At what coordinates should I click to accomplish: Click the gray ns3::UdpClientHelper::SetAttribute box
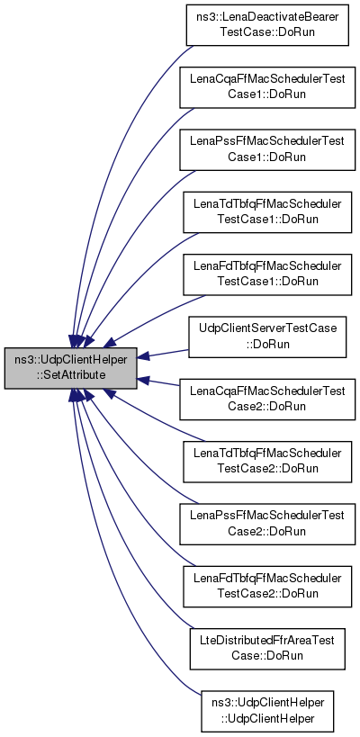pyautogui.click(x=70, y=368)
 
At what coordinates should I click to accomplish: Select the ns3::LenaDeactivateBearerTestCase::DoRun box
pyautogui.click(x=267, y=25)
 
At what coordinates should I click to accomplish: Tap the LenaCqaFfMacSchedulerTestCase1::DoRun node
pyautogui.click(x=267, y=87)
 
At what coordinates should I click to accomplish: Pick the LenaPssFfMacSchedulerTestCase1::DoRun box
pyautogui.click(x=267, y=149)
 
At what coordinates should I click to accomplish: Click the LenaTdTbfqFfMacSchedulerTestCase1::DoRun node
pyautogui.click(x=267, y=212)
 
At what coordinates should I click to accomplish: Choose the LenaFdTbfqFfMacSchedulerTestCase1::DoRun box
pyautogui.click(x=267, y=274)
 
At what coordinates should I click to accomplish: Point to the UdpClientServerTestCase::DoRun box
pyautogui.click(x=267, y=337)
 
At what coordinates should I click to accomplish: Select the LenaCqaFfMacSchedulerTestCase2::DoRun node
pyautogui.click(x=267, y=399)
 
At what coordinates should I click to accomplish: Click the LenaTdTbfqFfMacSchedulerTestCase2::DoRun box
pyautogui.click(x=267, y=462)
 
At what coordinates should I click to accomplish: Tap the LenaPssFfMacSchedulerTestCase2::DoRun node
pyautogui.click(x=267, y=524)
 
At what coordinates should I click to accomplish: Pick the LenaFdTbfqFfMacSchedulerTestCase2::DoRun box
pyautogui.click(x=267, y=587)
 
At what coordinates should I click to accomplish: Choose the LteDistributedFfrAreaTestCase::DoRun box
pyautogui.click(x=267, y=649)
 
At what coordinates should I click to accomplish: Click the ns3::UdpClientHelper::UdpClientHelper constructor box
pyautogui.click(x=267, y=711)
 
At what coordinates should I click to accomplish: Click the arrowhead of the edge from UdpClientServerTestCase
pyautogui.click(x=143, y=356)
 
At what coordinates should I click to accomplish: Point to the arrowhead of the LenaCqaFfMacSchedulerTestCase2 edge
pyautogui.click(x=143, y=380)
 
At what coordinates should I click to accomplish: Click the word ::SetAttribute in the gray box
pyautogui.click(x=70, y=375)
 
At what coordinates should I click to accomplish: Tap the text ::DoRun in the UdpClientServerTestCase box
pyautogui.click(x=267, y=344)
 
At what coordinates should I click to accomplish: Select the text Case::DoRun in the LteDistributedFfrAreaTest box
pyautogui.click(x=267, y=656)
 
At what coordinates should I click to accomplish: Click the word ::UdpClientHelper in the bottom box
pyautogui.click(x=267, y=718)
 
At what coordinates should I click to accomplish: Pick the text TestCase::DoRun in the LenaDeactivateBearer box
pyautogui.click(x=267, y=32)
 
